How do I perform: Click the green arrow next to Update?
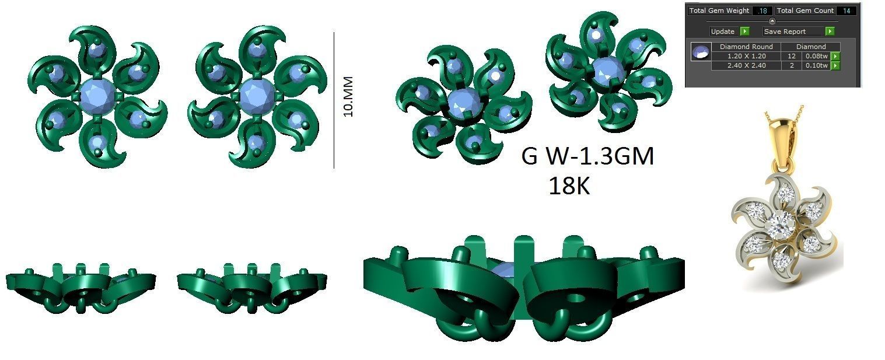[x=744, y=31]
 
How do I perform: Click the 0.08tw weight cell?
[x=815, y=56]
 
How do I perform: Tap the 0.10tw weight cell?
[x=815, y=65]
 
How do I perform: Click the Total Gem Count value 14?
[x=845, y=11]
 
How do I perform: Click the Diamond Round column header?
[x=746, y=47]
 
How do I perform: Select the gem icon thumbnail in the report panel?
[x=700, y=52]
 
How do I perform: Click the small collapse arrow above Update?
[x=772, y=21]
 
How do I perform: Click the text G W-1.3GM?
[x=587, y=156]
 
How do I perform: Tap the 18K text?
[x=569, y=186]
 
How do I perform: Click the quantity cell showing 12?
[x=791, y=56]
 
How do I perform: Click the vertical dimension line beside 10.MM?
[x=334, y=99]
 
